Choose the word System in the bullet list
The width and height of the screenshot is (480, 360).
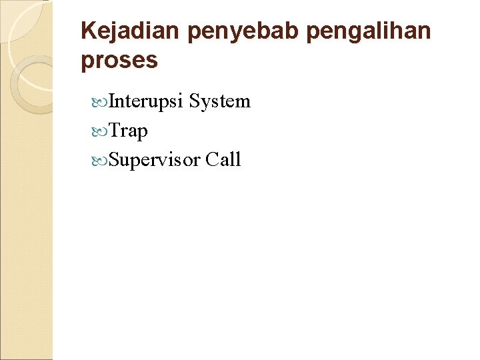coord(219,102)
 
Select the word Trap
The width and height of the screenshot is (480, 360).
coord(128,131)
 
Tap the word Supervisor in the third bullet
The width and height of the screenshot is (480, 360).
coord(155,161)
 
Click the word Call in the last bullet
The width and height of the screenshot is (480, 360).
coord(223,160)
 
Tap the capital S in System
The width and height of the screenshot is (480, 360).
coord(195,101)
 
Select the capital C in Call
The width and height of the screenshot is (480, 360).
coord(213,160)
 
